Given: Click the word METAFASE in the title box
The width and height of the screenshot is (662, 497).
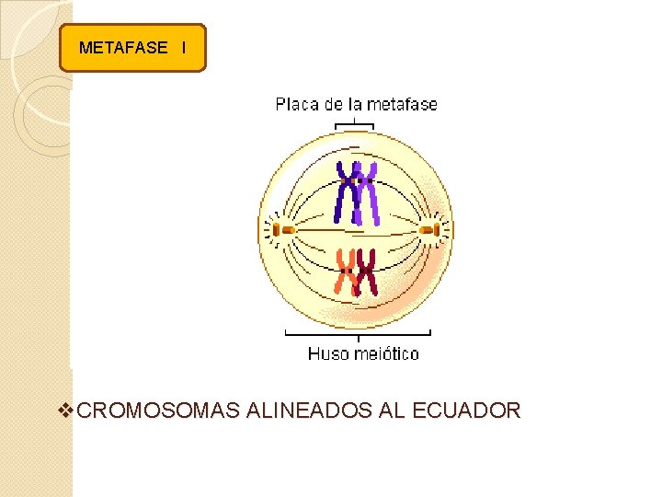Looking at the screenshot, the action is (x=123, y=48).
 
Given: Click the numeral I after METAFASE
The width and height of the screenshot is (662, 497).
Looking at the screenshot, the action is (x=184, y=48).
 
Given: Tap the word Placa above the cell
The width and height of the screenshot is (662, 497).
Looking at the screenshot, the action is (x=296, y=104).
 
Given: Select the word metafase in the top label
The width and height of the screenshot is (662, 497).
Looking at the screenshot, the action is (x=403, y=104).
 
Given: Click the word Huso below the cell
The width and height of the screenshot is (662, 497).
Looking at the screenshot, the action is (x=325, y=353).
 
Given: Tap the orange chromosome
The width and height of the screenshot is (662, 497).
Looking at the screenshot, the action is (x=347, y=272).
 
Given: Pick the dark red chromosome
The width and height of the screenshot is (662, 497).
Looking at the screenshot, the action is (x=367, y=272).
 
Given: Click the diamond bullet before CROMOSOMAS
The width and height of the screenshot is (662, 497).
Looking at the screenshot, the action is (x=65, y=410).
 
